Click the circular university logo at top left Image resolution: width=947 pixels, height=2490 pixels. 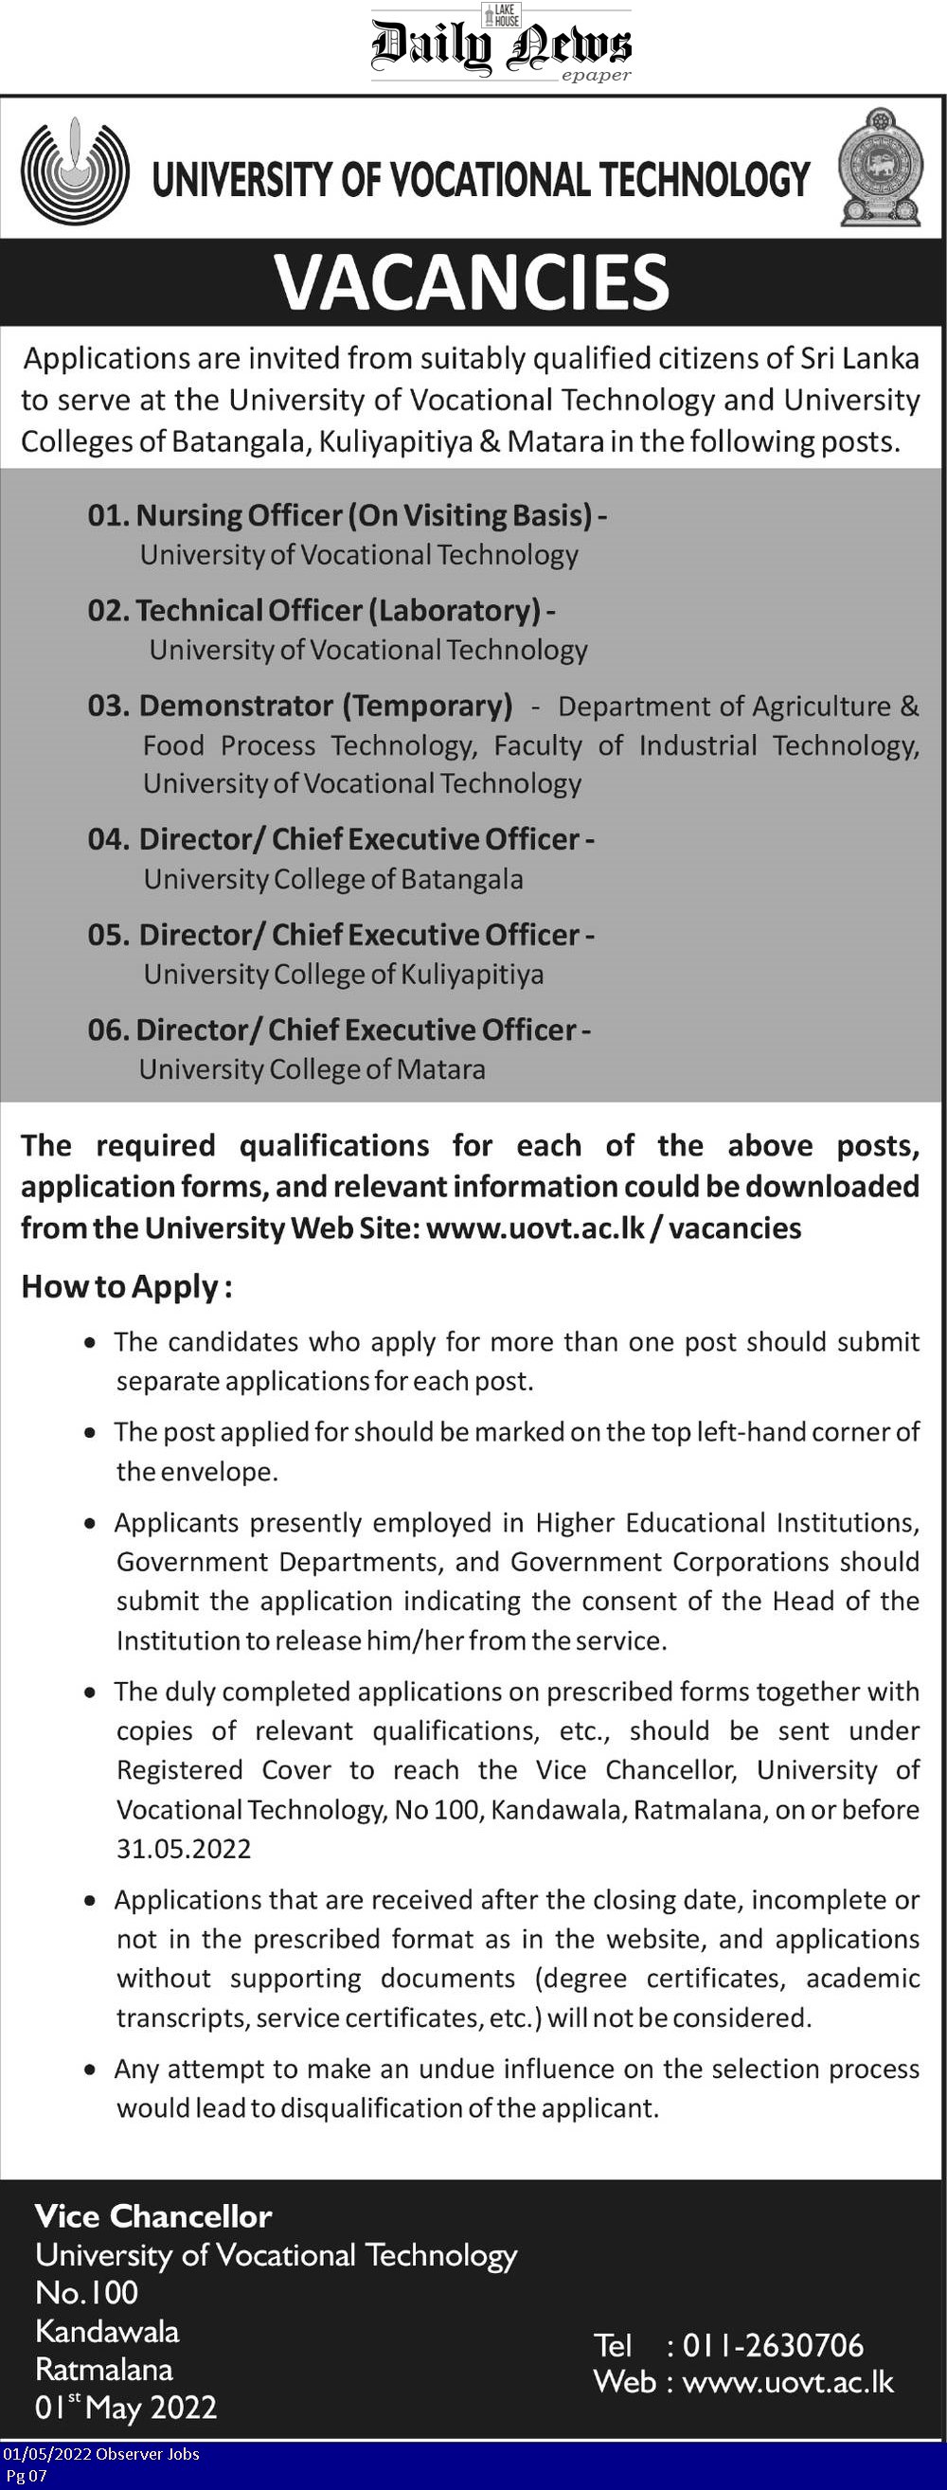(76, 171)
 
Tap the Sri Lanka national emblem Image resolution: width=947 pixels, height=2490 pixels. (880, 169)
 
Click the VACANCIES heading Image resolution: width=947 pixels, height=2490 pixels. (472, 282)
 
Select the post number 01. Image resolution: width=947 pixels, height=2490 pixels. (108, 515)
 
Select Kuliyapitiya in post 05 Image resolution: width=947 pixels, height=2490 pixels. (473, 975)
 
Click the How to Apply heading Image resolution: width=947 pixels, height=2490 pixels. (127, 1287)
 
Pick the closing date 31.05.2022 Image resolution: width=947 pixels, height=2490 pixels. (184, 1849)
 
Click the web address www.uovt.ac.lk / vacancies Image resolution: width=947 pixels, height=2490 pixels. (614, 1228)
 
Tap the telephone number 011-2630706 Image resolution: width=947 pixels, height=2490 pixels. (773, 2345)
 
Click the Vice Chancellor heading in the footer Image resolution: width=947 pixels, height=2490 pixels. (153, 2215)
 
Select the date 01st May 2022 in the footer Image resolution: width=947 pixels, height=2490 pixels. (126, 2407)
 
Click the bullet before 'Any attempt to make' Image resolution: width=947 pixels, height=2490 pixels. (90, 2069)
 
